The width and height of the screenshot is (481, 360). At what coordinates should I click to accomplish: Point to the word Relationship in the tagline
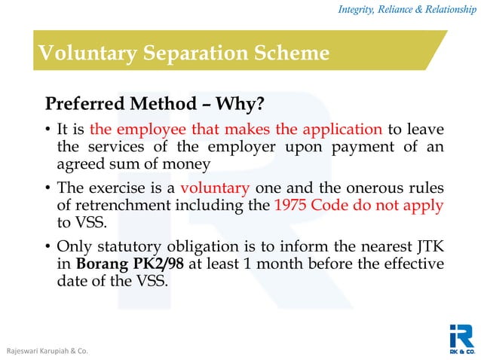(441, 9)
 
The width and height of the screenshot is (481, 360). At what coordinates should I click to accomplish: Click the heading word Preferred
(83, 102)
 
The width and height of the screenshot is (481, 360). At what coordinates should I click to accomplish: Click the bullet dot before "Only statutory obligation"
(48, 249)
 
